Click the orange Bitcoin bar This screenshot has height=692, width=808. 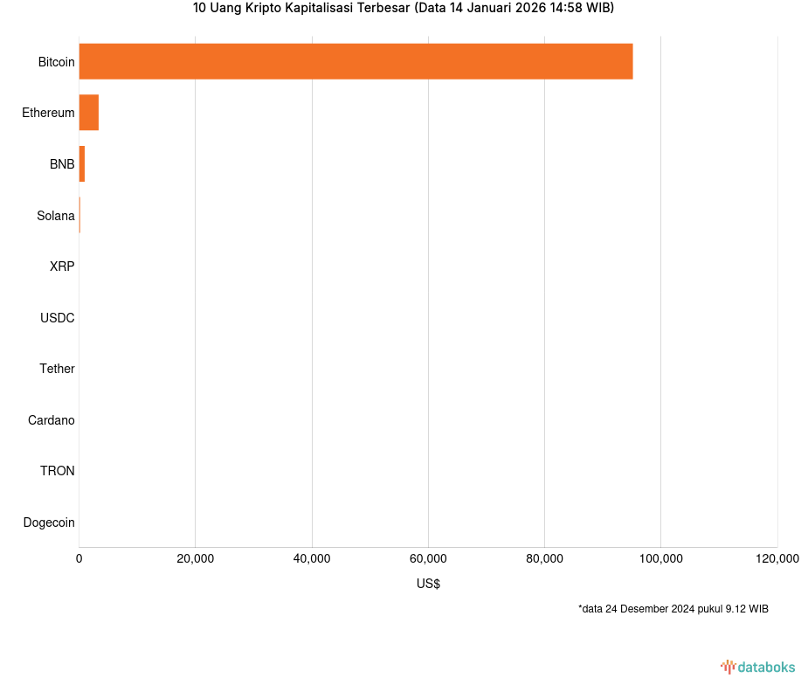click(x=356, y=61)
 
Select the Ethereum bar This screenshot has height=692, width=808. click(x=89, y=113)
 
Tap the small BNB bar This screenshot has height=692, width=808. click(x=82, y=164)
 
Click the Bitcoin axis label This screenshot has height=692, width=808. click(x=56, y=62)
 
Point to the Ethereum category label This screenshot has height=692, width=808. click(x=48, y=113)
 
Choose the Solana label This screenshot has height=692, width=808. click(x=56, y=216)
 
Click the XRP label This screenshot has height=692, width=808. click(x=62, y=266)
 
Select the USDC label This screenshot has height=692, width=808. click(x=58, y=318)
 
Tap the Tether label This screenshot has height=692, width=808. click(x=57, y=369)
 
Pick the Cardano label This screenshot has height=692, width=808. click(x=52, y=420)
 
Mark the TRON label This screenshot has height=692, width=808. click(x=58, y=471)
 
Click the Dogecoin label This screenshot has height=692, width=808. click(x=49, y=522)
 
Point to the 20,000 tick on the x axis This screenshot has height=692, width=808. click(x=196, y=559)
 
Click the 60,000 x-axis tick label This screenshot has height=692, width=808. click(x=428, y=559)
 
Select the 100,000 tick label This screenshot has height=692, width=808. click(x=661, y=559)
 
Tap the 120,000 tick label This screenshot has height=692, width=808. click(x=777, y=559)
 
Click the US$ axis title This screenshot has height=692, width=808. click(x=428, y=584)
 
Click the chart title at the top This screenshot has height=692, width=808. click(x=404, y=9)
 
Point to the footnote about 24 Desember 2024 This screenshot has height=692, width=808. click(x=673, y=609)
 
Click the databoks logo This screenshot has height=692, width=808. click(x=757, y=668)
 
